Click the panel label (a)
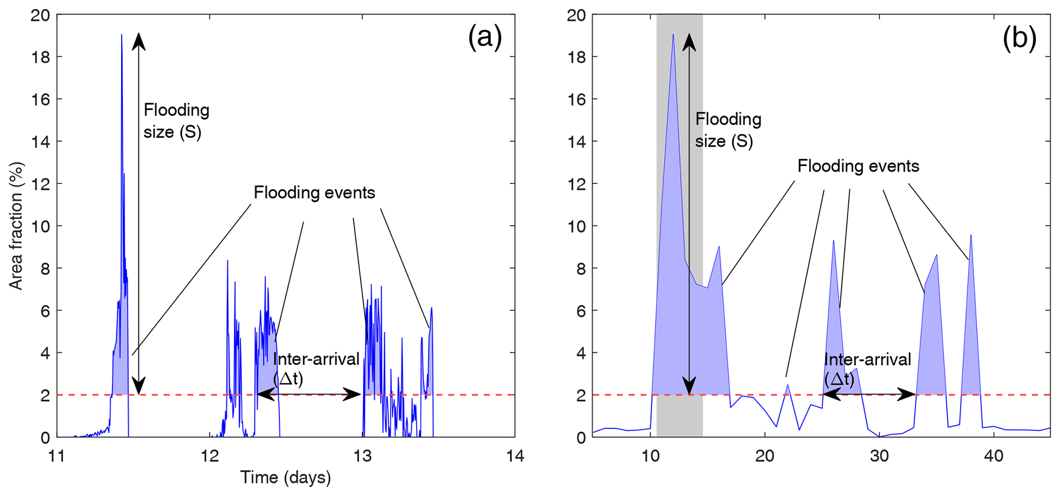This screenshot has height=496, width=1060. pyautogui.click(x=485, y=38)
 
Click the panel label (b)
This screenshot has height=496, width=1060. pyautogui.click(x=1019, y=38)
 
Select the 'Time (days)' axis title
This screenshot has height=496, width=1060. pyautogui.click(x=286, y=478)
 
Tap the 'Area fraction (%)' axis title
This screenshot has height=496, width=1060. pyautogui.click(x=16, y=226)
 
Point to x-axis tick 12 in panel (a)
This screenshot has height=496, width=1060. pyautogui.click(x=209, y=455)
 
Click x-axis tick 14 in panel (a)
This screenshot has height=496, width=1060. pyautogui.click(x=514, y=455)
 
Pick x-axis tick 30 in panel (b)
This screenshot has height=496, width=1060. pyautogui.click(x=879, y=455)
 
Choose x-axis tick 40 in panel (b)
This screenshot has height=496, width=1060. pyautogui.click(x=994, y=455)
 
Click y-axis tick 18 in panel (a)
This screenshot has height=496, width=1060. pyautogui.click(x=41, y=57)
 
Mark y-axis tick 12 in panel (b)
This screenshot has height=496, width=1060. pyautogui.click(x=577, y=184)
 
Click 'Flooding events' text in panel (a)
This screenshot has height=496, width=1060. pyautogui.click(x=314, y=193)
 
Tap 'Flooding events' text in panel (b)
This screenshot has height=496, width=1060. pyautogui.click(x=858, y=166)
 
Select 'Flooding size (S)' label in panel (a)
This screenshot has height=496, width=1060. pyautogui.click(x=176, y=121)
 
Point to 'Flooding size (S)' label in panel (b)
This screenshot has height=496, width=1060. pyautogui.click(x=728, y=130)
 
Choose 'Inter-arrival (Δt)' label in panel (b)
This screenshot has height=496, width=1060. pyautogui.click(x=867, y=369)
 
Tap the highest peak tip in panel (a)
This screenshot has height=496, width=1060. pyautogui.click(x=122, y=35)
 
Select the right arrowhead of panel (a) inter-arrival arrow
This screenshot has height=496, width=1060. pyautogui.click(x=354, y=394)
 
